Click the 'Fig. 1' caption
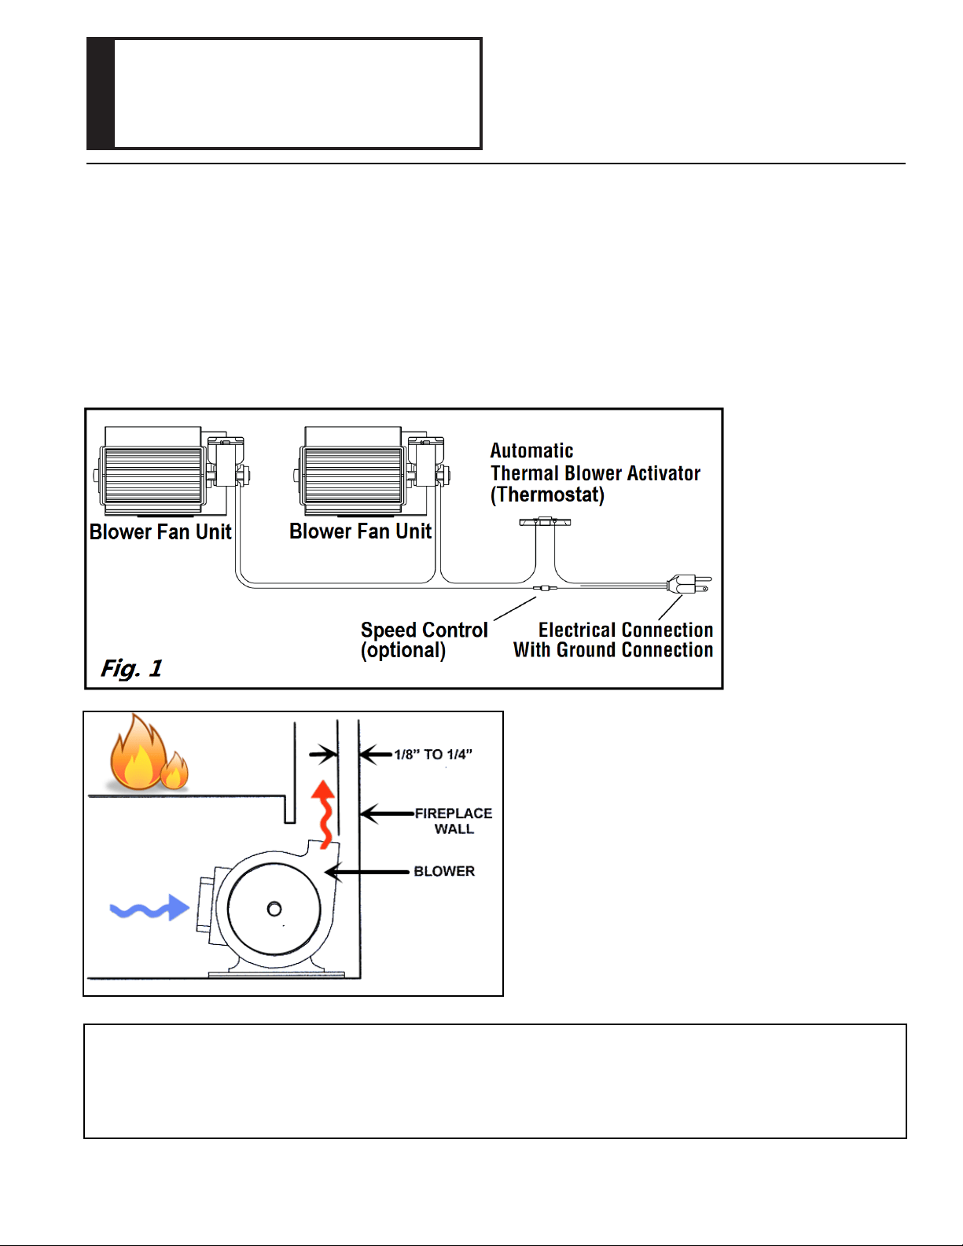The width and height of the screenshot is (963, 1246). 131,668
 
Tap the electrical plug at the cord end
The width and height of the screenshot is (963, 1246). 689,584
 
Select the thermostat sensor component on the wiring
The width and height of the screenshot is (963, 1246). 545,521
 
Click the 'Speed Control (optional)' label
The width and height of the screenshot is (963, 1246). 425,640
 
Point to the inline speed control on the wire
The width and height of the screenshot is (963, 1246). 545,588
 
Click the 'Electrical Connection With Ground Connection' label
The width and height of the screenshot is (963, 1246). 612,640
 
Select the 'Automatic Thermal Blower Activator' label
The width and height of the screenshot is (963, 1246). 595,473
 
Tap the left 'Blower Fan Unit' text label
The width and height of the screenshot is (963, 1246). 160,531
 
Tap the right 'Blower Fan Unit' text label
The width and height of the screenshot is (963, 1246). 360,531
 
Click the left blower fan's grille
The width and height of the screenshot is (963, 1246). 153,476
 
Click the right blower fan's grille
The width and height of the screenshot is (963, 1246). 352,476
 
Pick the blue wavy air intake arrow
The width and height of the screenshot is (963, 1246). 149,908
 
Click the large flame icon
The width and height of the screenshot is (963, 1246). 138,752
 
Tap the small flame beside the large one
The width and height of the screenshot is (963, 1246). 175,770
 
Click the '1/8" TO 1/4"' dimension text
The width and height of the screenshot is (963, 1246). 433,755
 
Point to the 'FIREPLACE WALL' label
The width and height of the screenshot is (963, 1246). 454,821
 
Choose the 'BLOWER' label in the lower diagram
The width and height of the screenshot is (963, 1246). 444,872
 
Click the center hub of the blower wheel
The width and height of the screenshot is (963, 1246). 274,909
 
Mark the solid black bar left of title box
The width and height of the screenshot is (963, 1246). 101,94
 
